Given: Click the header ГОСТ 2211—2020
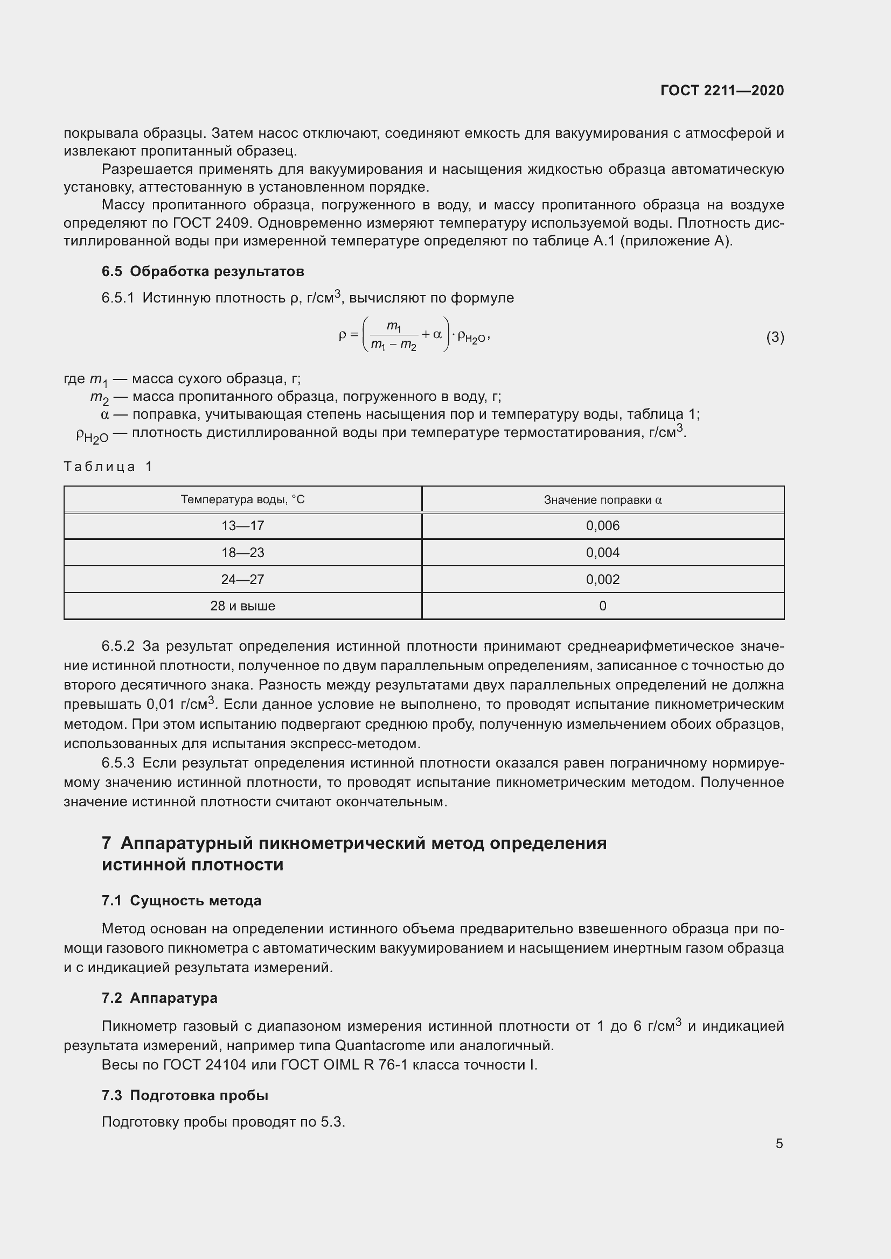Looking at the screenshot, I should coord(722,90).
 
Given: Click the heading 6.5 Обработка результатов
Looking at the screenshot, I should coord(203,271).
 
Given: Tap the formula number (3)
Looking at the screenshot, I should coord(775,337).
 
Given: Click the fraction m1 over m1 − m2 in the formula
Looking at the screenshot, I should coord(393,335).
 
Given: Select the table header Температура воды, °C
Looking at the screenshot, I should coord(242,500).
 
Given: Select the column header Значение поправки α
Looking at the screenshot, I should coord(602,500).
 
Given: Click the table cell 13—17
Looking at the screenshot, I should coord(242,526).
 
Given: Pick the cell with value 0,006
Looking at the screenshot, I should coord(602,526).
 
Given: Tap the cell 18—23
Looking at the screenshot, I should coord(242,553).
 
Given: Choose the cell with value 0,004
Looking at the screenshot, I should coord(602,553).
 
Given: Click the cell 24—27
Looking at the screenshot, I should coord(242,580).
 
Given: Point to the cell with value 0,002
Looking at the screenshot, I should coord(602,580).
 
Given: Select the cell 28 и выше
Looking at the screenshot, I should coord(242,606).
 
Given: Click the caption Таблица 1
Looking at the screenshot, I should coord(108,467).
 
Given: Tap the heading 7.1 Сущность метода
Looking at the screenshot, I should coord(181,901).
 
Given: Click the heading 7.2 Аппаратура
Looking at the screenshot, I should coord(159,997).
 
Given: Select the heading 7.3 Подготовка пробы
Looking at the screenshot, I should coord(185,1095).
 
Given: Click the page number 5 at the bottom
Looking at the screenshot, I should coord(779,1144).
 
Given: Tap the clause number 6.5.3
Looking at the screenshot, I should coord(118,763).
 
